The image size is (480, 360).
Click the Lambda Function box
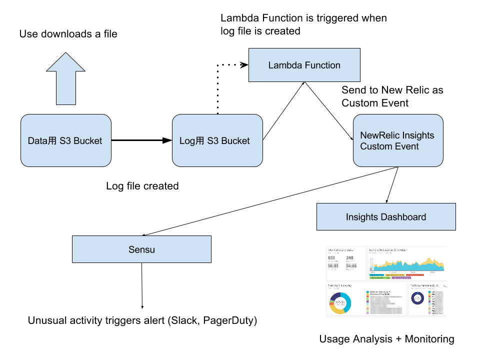click(304, 65)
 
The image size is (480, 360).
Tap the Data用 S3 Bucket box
click(65, 140)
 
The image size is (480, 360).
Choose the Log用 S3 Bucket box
click(217, 140)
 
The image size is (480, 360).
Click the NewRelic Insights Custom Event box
click(398, 140)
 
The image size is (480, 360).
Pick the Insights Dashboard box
click(386, 216)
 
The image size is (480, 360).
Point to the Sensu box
click(141, 249)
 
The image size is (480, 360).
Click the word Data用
click(42, 141)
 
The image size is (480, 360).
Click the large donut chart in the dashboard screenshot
click(340, 302)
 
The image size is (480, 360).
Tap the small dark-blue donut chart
click(417, 298)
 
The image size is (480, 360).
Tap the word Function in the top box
click(322, 65)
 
